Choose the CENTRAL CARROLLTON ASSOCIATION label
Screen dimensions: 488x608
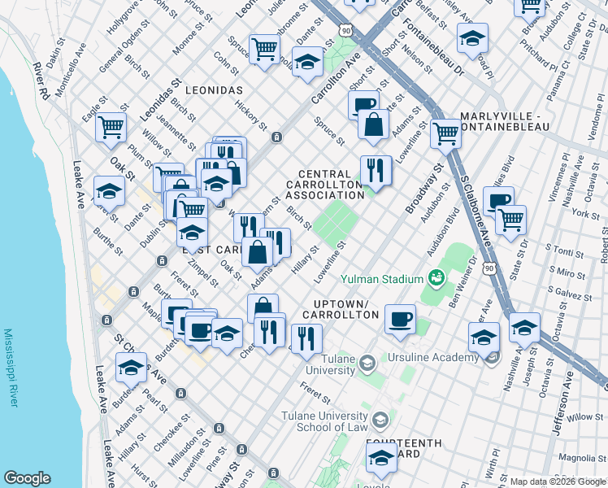[330, 185]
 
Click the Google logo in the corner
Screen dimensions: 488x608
[27, 478]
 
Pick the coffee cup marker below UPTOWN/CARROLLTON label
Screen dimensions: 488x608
[399, 319]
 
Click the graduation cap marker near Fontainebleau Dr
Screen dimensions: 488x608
[472, 37]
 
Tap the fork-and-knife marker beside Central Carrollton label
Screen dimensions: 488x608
[376, 169]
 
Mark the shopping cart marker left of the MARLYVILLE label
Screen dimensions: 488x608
[445, 132]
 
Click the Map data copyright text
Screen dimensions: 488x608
[558, 481]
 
